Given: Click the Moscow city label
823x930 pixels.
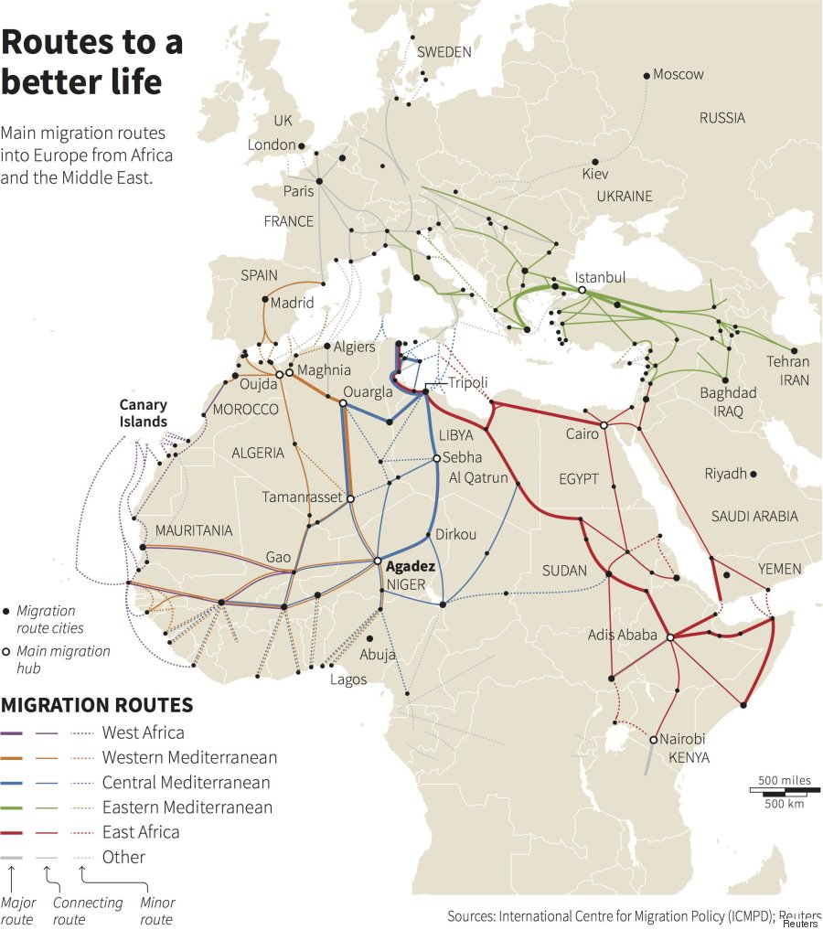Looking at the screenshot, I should [x=679, y=74].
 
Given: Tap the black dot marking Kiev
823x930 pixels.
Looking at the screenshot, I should [x=595, y=162].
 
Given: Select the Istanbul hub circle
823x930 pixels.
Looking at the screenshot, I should [x=581, y=290].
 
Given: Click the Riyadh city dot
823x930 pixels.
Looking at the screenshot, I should [x=754, y=474].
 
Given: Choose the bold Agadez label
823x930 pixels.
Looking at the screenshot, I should [x=410, y=566].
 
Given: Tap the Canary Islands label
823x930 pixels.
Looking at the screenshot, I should [x=144, y=412].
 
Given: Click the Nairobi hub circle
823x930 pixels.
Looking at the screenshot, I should [x=654, y=739].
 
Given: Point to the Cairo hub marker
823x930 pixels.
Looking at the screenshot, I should [x=604, y=425].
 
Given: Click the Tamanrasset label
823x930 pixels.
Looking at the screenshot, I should [x=302, y=497].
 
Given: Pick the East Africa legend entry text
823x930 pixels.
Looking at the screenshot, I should [x=141, y=832].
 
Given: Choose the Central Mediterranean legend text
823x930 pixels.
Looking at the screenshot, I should [x=186, y=783].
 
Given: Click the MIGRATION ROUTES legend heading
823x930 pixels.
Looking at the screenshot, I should [x=97, y=705].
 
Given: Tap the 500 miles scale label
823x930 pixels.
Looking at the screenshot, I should [x=784, y=779].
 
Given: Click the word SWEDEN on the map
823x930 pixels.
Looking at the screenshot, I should [x=444, y=52].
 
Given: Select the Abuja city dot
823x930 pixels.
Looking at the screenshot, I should [x=369, y=639].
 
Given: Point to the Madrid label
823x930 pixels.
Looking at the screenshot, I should [x=292, y=303].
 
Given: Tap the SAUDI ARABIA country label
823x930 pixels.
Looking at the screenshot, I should [x=754, y=517].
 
